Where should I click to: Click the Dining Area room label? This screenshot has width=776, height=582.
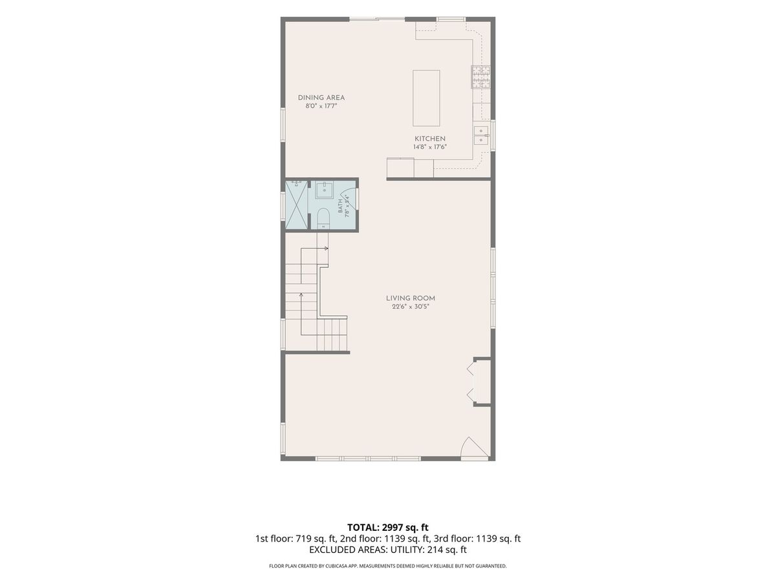[321, 98]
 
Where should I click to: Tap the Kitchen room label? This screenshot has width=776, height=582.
[430, 138]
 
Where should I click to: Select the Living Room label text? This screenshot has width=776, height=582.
[410, 298]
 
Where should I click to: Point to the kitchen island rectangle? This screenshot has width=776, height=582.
[426, 98]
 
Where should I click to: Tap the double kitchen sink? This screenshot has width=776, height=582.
[481, 135]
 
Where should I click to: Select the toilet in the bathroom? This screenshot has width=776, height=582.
[323, 219]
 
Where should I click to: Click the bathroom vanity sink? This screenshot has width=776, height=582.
[324, 190]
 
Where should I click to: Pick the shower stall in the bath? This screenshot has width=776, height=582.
[297, 205]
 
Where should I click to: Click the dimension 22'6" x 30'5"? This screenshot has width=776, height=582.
[410, 307]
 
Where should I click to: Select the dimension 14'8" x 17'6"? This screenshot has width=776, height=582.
[430, 147]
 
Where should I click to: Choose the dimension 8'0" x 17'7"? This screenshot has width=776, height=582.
[321, 106]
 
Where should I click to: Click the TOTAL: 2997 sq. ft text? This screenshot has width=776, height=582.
[388, 528]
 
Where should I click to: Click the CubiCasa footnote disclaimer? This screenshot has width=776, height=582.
[388, 566]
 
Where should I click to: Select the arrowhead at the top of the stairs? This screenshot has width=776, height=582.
[327, 248]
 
